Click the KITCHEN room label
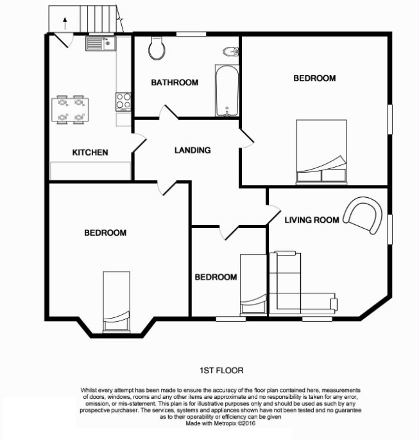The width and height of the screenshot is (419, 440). click(x=90, y=152)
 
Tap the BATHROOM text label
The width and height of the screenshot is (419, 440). click(x=175, y=82)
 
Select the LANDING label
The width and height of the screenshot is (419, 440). click(x=192, y=150)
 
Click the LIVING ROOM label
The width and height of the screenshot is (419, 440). click(x=312, y=220)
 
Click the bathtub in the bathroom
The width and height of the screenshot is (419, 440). click(x=226, y=90)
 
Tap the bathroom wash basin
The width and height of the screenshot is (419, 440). click(x=230, y=51)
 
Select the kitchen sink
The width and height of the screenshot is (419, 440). click(x=100, y=43)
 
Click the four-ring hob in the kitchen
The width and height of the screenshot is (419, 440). click(x=123, y=101)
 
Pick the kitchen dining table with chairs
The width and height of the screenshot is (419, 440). click(x=71, y=109)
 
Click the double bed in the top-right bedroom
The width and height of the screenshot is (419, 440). click(x=321, y=152)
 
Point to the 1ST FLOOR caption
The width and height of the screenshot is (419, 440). click(x=218, y=371)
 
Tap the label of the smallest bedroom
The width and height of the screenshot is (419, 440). click(x=216, y=277)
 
